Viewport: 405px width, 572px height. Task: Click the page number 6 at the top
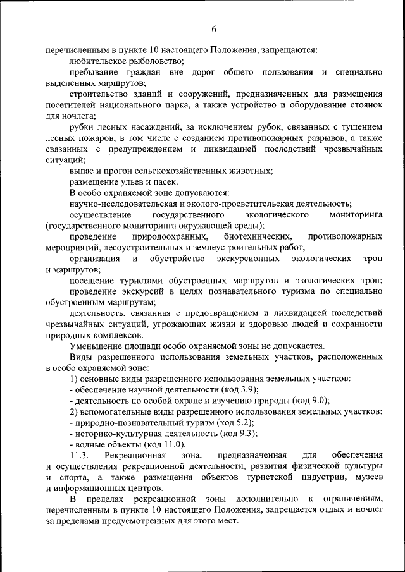point(214,29)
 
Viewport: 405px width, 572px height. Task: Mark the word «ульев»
point(124,181)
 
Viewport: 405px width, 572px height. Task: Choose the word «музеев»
point(367,477)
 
